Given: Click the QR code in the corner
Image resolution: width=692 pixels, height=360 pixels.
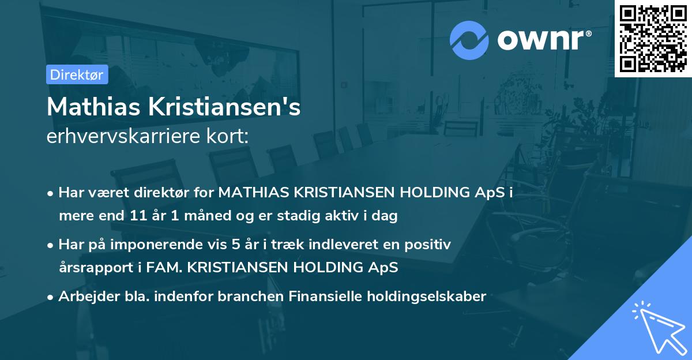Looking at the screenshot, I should click(x=653, y=38).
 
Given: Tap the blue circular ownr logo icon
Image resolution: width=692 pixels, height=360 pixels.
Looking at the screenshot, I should click(x=469, y=40).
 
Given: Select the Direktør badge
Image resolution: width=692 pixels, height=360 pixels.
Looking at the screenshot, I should click(x=77, y=74).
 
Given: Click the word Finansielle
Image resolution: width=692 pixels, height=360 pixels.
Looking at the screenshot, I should click(x=314, y=297).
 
